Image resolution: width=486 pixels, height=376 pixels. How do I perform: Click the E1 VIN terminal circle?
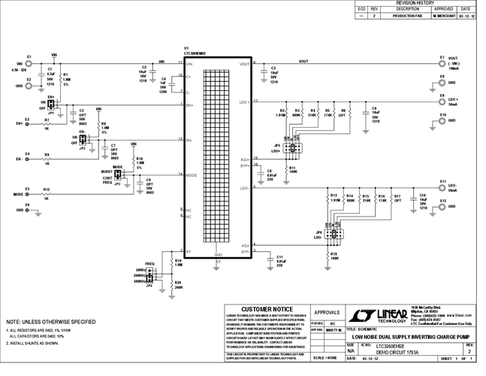pyautogui.click(x=29, y=64)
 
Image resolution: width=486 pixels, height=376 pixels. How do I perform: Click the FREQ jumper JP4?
pyautogui.click(x=149, y=277)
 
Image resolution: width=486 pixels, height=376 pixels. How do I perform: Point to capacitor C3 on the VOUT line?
pyautogui.click(x=262, y=72)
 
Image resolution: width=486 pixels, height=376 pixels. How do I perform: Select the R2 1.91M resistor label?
pyautogui.click(x=281, y=114)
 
